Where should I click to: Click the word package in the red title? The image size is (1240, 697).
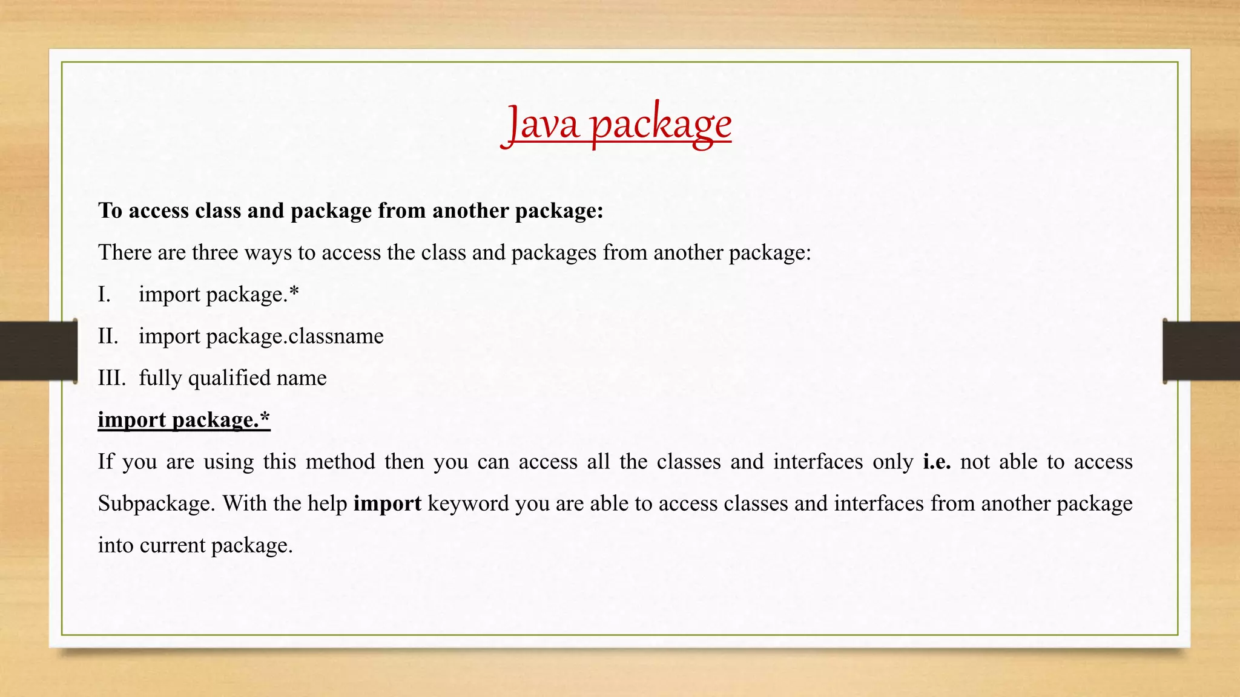tap(661, 125)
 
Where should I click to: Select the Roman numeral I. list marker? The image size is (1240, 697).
tap(105, 295)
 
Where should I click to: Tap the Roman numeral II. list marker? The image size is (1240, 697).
tap(108, 336)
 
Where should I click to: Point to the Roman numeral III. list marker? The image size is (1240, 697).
tap(111, 378)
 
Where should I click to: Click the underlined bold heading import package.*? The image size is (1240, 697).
tap(184, 420)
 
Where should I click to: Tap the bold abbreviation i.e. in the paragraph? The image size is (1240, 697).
tap(937, 462)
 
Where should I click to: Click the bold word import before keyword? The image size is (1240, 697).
tap(387, 503)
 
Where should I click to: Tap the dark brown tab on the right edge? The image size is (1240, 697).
tap(1201, 351)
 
